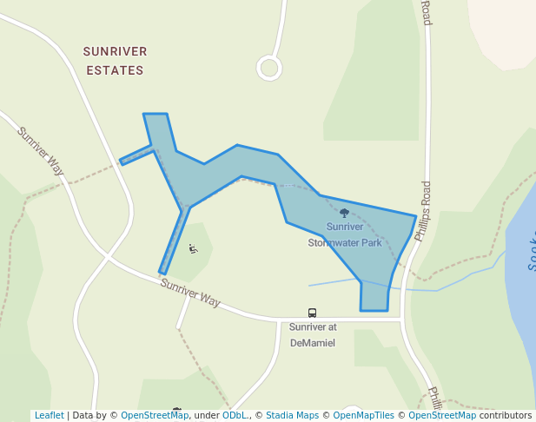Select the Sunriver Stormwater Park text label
tap(345, 234)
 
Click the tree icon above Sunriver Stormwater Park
tap(344, 213)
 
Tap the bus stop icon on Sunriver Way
tap(312, 313)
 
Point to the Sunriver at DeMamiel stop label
tap(312, 334)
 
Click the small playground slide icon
tap(193, 250)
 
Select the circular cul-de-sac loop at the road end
tap(269, 68)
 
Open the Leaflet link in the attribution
tap(49, 415)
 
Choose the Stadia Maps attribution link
tap(292, 415)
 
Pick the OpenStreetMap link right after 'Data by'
tap(154, 415)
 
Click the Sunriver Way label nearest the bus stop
tap(190, 291)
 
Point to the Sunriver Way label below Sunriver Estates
tap(41, 151)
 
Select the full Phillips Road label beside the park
tap(423, 211)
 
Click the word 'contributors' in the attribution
tap(506, 415)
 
